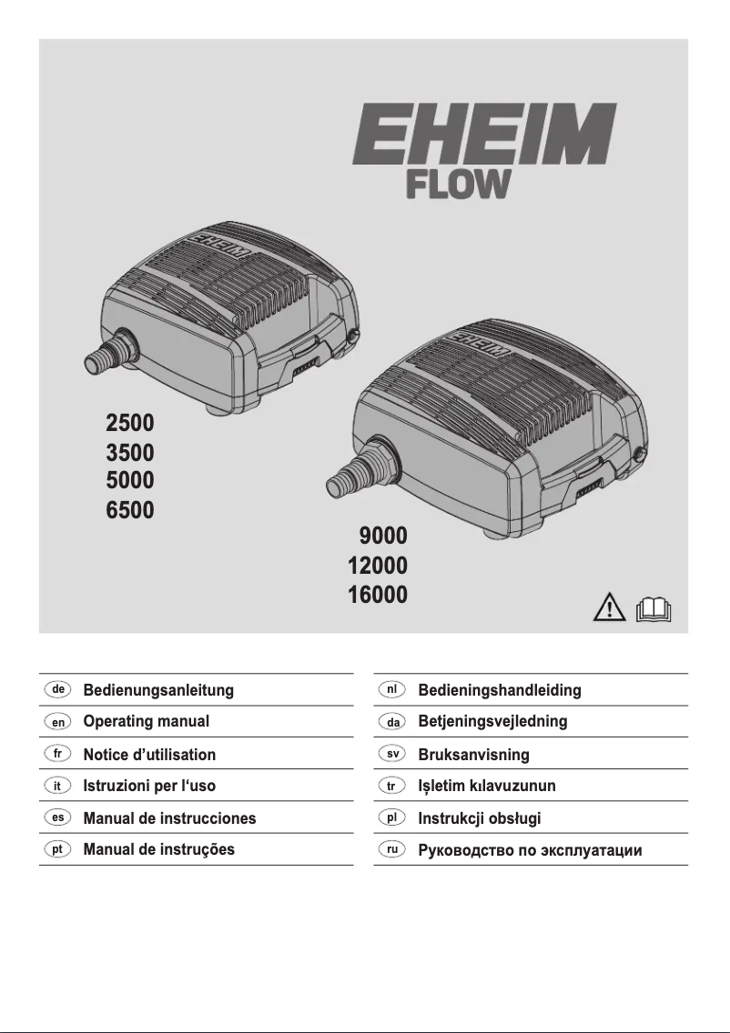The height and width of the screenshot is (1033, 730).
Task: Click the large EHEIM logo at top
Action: pos(484,134)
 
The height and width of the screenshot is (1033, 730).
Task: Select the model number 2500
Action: pos(130,423)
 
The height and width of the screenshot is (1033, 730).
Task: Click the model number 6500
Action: pos(130,509)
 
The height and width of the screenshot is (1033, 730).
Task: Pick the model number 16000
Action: pos(377,596)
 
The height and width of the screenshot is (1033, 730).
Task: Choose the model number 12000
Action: pos(377,566)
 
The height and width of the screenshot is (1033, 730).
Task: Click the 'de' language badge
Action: pos(57,689)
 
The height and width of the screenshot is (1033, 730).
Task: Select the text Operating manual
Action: pos(147,722)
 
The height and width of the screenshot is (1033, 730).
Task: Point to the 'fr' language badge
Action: pos(57,754)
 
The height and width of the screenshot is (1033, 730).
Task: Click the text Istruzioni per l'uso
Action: pos(149,786)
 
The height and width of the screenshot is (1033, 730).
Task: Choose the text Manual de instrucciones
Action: pos(169,817)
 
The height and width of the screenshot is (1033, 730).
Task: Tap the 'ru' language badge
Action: pos(391,850)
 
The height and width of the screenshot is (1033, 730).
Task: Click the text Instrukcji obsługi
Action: pos(479,818)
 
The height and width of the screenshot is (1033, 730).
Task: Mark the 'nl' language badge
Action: pos(391,689)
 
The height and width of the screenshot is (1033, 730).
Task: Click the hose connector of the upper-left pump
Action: pos(103,356)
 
